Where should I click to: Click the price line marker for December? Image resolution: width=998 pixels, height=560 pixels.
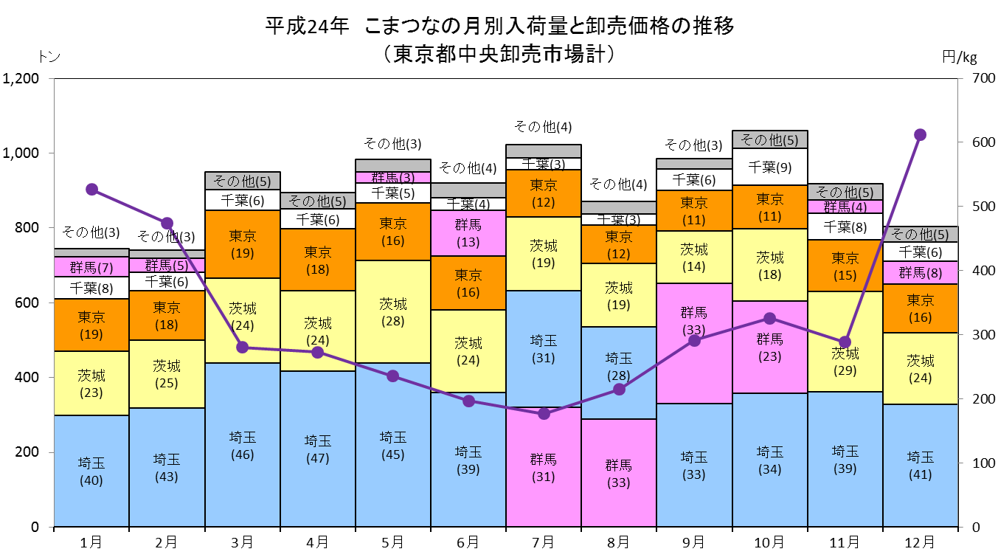(920, 134)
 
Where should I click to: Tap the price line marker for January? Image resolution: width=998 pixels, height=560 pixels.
(91, 190)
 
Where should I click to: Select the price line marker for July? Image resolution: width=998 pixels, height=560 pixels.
(544, 413)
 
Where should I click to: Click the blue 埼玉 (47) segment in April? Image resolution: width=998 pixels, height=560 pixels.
(318, 449)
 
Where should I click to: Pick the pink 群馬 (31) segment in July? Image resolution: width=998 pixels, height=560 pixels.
(544, 467)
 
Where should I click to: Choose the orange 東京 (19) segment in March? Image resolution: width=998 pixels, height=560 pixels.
(243, 244)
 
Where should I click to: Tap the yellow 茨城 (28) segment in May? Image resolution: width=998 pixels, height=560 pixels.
(393, 311)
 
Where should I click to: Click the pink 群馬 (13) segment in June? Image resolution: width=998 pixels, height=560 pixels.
(468, 233)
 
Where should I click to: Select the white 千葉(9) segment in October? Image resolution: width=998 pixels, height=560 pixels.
(770, 167)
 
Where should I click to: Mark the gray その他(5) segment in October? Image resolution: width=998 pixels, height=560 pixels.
(770, 139)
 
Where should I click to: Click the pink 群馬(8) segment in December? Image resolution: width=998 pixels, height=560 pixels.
(921, 272)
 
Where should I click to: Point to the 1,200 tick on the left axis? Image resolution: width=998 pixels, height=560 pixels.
(21, 78)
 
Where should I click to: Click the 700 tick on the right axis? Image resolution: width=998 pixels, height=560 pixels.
(983, 78)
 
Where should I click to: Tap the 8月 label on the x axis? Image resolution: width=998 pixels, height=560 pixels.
(619, 542)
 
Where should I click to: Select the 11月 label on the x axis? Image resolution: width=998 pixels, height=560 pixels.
(845, 542)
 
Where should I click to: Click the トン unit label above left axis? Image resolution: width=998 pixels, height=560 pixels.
(49, 57)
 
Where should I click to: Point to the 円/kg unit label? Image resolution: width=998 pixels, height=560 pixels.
(960, 57)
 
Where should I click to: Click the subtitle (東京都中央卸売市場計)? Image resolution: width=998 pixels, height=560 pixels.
(499, 54)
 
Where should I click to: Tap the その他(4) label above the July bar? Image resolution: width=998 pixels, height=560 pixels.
(543, 126)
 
